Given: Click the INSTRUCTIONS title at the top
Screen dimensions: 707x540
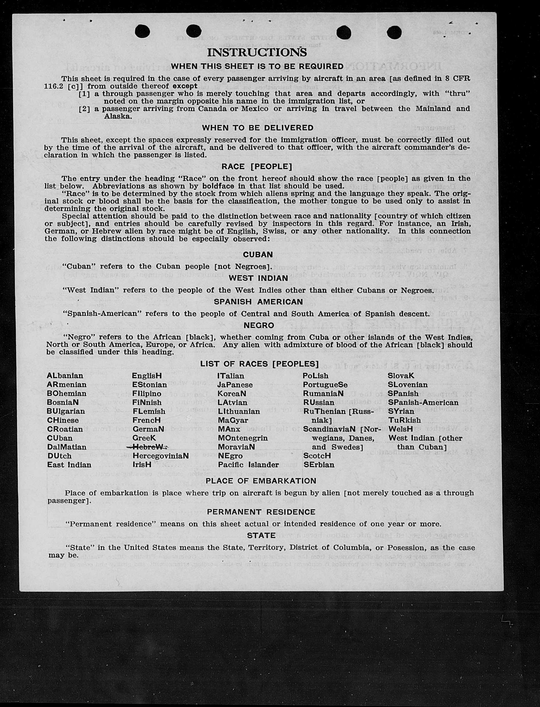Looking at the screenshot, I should (x=257, y=52).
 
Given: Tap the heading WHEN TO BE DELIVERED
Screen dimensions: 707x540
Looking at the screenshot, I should (x=257, y=128).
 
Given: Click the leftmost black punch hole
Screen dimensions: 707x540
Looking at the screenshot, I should (x=142, y=32).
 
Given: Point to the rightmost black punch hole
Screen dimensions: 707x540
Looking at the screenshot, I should (x=394, y=32).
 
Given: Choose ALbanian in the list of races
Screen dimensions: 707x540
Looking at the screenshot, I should (x=65, y=376).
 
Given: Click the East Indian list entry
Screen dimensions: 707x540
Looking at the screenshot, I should (x=69, y=465).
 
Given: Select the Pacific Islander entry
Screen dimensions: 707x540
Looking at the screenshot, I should (x=248, y=465).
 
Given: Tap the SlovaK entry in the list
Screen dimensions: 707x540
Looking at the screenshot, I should (x=401, y=376).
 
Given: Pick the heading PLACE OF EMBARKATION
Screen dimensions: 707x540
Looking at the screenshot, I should (x=261, y=481).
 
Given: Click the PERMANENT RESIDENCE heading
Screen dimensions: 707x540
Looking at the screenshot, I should (x=261, y=512).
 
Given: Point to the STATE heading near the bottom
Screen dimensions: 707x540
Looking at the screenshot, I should (x=261, y=535).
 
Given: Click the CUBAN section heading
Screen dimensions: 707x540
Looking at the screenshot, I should (x=258, y=255).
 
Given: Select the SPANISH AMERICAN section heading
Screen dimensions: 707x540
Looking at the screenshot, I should (x=258, y=302).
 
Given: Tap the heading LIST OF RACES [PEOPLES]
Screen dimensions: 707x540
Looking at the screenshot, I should (x=259, y=364).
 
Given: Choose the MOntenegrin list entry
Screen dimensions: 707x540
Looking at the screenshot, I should (x=242, y=438).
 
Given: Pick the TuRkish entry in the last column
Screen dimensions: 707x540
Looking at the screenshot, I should (x=404, y=420).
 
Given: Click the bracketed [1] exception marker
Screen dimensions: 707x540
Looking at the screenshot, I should (x=84, y=94).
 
